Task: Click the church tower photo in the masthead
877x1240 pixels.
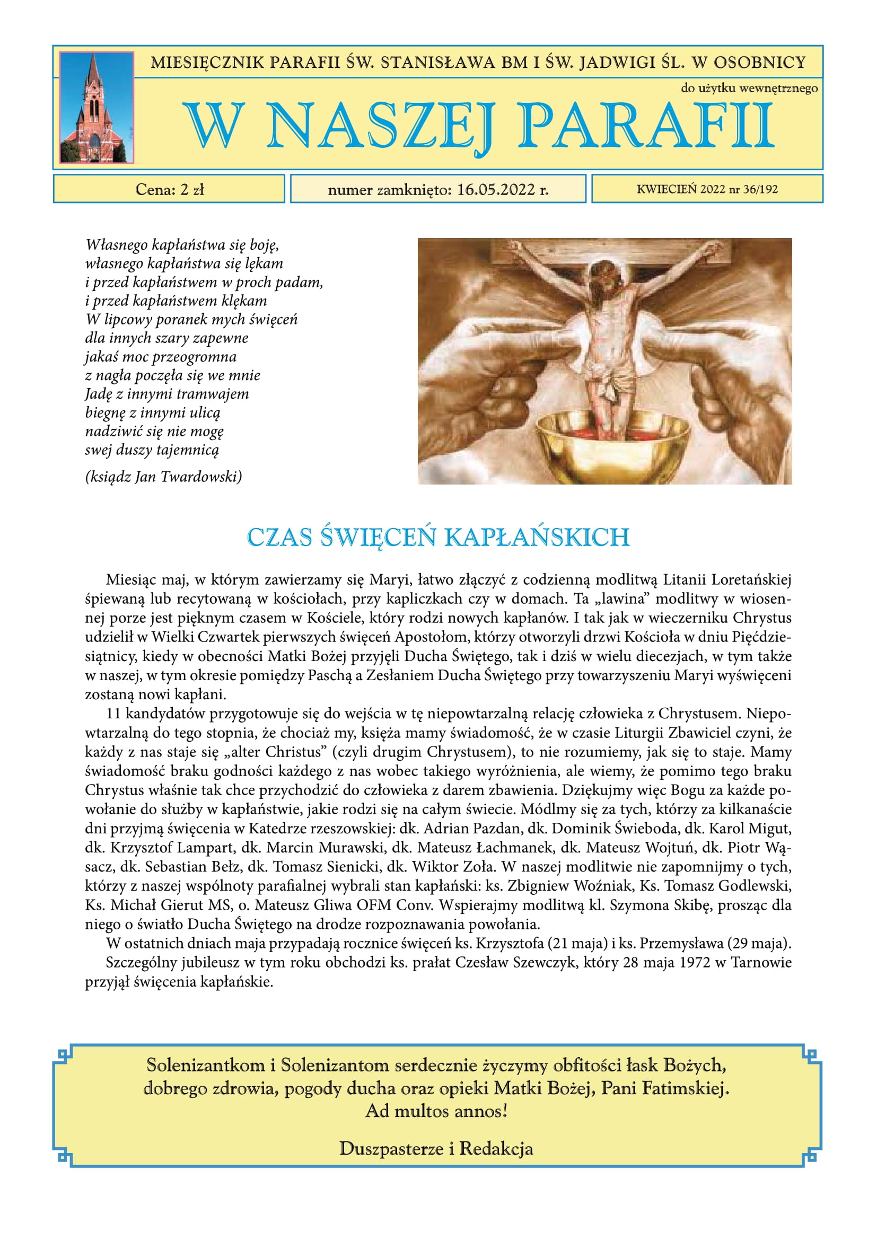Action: (96, 108)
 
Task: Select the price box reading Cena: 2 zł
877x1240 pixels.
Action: (169, 189)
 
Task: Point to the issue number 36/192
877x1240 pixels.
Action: (760, 189)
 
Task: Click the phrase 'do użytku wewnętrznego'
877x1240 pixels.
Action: (749, 88)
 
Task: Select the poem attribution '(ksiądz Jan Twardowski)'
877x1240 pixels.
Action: (163, 477)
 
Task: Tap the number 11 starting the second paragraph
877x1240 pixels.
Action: (113, 714)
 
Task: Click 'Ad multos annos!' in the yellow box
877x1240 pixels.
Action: (436, 1111)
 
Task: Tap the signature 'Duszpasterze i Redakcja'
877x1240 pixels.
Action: (436, 1149)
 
